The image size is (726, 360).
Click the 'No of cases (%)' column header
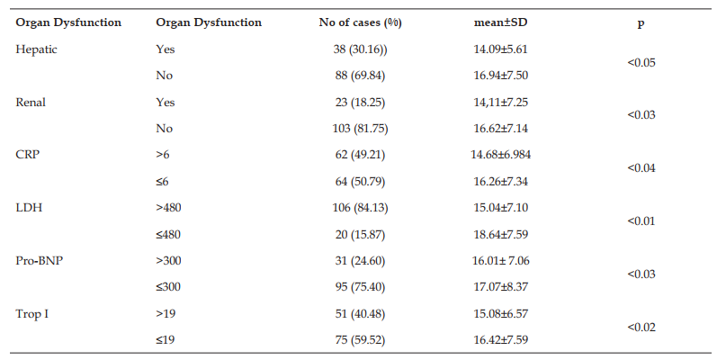(x=360, y=22)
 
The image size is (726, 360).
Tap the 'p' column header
(x=641, y=24)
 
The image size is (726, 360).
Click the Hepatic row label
(x=37, y=49)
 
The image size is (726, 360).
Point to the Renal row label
(x=31, y=103)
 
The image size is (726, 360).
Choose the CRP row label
(x=28, y=155)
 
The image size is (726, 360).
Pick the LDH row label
(x=29, y=208)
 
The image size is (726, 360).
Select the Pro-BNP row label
(x=40, y=261)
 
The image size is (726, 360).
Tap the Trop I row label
(x=32, y=314)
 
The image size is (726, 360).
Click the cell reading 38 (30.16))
(x=361, y=49)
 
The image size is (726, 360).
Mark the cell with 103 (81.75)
(x=362, y=129)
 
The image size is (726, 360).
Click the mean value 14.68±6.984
(x=500, y=155)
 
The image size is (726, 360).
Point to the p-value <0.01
(x=641, y=221)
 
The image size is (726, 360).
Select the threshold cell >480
(x=168, y=208)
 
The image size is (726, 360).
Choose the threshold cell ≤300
(x=168, y=287)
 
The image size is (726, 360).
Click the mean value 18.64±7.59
(x=500, y=234)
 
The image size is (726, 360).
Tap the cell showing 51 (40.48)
(x=361, y=314)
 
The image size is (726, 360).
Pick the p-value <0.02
(x=641, y=328)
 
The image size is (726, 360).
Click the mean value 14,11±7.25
(x=500, y=103)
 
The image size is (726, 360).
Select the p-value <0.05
(x=641, y=62)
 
